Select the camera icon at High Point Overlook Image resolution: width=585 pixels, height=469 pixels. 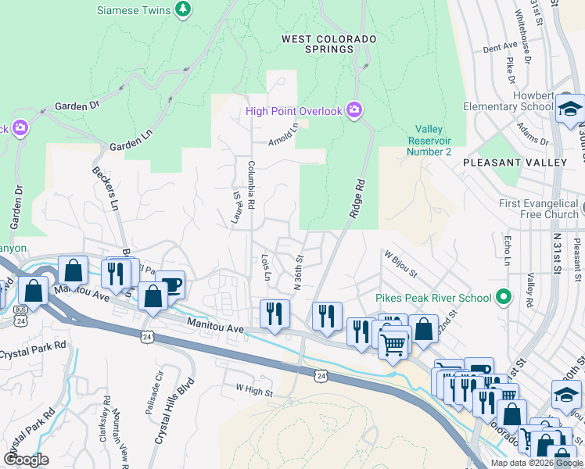pyautogui.click(x=354, y=110)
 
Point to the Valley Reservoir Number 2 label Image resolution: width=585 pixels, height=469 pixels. pyautogui.click(x=429, y=141)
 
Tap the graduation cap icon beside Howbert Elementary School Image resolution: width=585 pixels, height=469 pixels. pyautogui.click(x=570, y=108)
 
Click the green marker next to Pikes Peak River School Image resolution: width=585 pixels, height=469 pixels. pyautogui.click(x=504, y=298)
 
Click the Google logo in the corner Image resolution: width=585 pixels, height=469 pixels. pyautogui.click(x=26, y=459)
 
